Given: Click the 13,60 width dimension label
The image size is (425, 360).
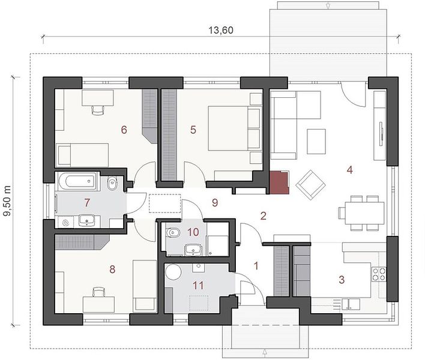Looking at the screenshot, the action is (221, 30).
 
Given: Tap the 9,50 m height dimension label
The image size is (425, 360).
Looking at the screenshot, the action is (8, 201).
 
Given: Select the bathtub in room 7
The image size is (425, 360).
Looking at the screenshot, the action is (77, 181).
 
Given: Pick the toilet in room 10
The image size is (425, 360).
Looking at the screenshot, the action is (172, 232).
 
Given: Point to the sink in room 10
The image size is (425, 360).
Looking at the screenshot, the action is (193, 250).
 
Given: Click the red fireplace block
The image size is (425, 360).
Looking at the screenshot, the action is (280, 182).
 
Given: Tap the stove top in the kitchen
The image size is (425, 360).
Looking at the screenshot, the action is (379, 274).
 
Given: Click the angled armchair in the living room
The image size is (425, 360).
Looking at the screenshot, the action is (310, 184).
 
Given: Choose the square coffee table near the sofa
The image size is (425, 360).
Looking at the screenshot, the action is (316, 142).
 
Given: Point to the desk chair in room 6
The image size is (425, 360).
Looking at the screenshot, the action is (98, 110).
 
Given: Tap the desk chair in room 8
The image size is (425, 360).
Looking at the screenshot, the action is (98, 292).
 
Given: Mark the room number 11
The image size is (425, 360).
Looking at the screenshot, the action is (198, 285).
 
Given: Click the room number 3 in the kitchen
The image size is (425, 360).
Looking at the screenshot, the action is (342, 279).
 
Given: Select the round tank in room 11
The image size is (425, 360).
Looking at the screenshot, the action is (173, 272).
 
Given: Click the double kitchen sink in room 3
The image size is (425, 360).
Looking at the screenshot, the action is (351, 304).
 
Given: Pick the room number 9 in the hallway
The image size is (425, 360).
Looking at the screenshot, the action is (215, 202).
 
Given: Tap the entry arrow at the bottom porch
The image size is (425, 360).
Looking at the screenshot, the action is (265, 352).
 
